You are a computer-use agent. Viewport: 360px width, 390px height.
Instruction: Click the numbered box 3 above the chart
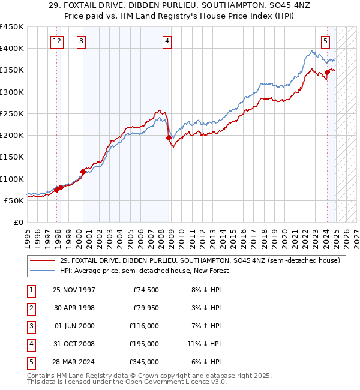point(81,41)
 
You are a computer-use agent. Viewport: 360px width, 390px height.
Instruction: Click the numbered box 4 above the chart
point(167,41)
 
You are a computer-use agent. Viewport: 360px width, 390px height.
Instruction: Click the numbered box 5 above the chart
point(325,41)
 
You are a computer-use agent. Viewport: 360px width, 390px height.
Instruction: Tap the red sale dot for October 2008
point(169,138)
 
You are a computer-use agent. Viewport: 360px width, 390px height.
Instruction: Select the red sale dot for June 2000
point(83,172)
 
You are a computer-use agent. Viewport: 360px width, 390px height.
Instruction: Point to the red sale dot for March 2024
point(328,72)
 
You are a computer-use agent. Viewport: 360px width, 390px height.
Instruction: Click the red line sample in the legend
point(43,260)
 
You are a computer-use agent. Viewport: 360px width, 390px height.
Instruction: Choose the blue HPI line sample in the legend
point(43,271)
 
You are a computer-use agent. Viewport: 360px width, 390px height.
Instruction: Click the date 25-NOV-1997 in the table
point(74,290)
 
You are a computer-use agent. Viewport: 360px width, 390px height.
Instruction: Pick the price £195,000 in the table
point(144,344)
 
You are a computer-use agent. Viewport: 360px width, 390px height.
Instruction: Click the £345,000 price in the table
point(144,362)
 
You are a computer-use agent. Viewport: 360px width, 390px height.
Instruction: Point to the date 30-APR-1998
point(74,308)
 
